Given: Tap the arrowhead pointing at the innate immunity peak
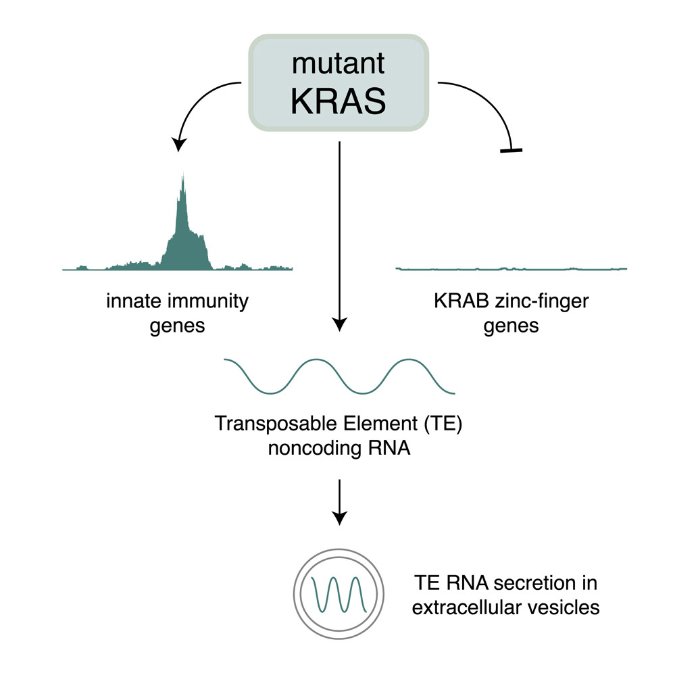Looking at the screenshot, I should coord(178,143).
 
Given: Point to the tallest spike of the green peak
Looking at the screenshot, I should coord(182,177).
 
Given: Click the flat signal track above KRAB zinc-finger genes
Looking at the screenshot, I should coord(511,268).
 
